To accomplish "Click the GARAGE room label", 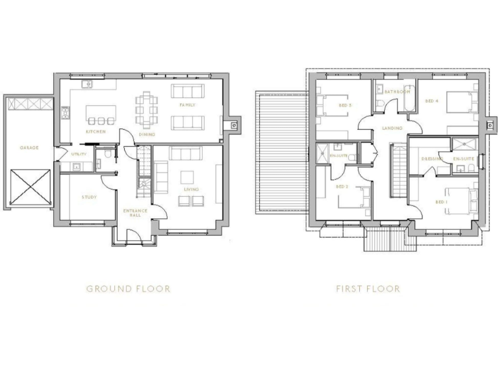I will pyautogui.click(x=29, y=147).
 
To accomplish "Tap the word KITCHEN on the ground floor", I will pyautogui.click(x=96, y=132).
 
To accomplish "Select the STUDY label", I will pyautogui.click(x=89, y=197).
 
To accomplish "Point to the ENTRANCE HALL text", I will pyautogui.click(x=136, y=212).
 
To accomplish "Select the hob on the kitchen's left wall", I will pyautogui.click(x=64, y=116).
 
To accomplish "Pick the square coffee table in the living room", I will pyautogui.click(x=188, y=176).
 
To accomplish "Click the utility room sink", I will pyautogui.click(x=77, y=167).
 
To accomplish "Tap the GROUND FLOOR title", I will pyautogui.click(x=128, y=288).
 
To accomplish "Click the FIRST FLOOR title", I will pyautogui.click(x=368, y=288).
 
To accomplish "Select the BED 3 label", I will pyautogui.click(x=345, y=105).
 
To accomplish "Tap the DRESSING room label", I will pyautogui.click(x=431, y=159).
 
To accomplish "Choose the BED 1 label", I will pyautogui.click(x=442, y=202).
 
